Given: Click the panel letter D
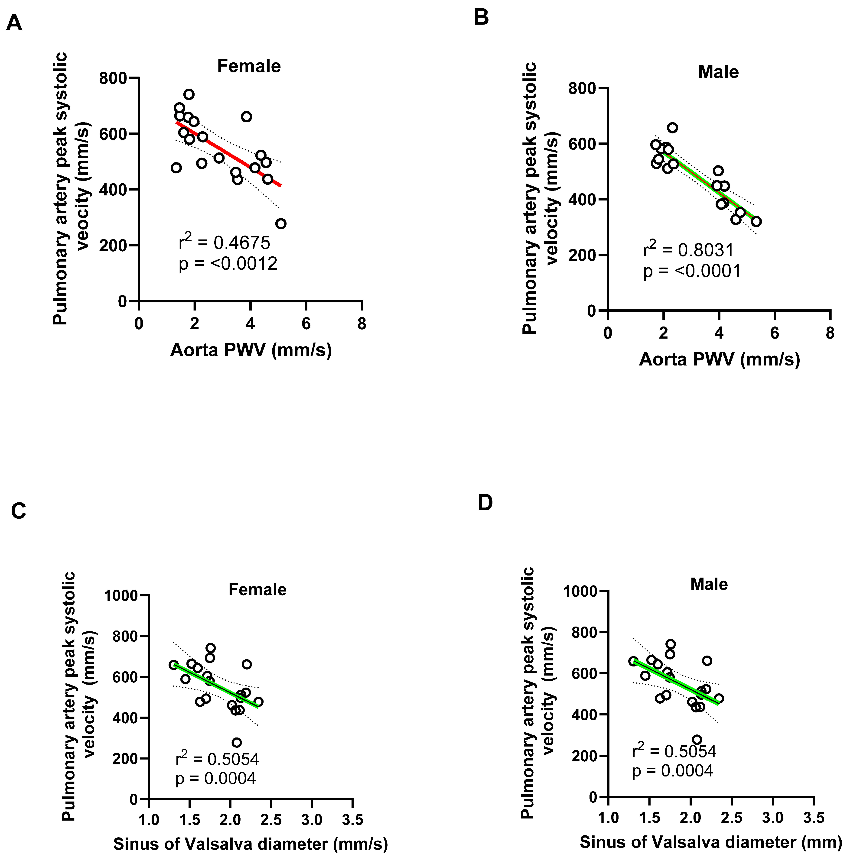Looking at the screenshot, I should click(x=485, y=503).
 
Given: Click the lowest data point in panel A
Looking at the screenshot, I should click(x=280, y=223).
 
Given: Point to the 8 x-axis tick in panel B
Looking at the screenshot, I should click(x=830, y=333).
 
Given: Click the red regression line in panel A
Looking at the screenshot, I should click(x=229, y=153).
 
